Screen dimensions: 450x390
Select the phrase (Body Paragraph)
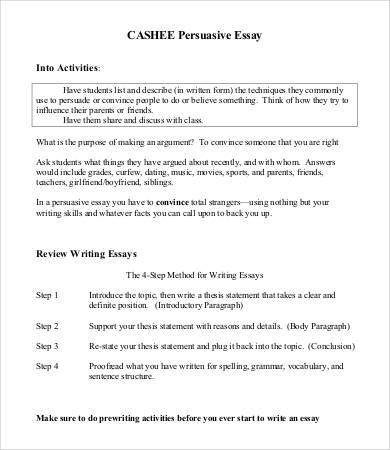point(319,326)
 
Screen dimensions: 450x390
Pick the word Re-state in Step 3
point(106,345)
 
